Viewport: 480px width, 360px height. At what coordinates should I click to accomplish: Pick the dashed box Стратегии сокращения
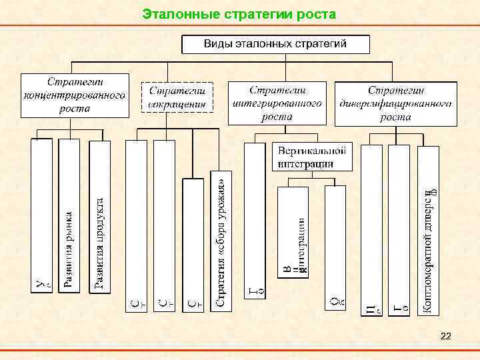tap(177, 97)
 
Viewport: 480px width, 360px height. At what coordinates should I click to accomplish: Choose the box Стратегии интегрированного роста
tap(277, 103)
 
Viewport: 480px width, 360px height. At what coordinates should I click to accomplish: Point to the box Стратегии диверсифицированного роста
tap(396, 103)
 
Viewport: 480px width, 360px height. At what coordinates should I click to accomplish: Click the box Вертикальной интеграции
tap(311, 156)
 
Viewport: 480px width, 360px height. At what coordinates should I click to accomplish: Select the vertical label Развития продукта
tap(99, 244)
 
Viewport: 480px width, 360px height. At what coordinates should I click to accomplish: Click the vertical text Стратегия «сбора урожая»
tap(223, 240)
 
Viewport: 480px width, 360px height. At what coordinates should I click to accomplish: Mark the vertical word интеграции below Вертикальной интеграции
tap(301, 241)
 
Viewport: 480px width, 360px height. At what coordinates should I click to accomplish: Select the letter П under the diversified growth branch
tap(371, 307)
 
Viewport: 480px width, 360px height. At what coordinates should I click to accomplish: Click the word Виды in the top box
tap(217, 45)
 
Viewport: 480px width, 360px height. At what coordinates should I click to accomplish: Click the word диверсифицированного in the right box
tap(396, 103)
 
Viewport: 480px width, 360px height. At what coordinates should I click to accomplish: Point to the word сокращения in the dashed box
tap(177, 103)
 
